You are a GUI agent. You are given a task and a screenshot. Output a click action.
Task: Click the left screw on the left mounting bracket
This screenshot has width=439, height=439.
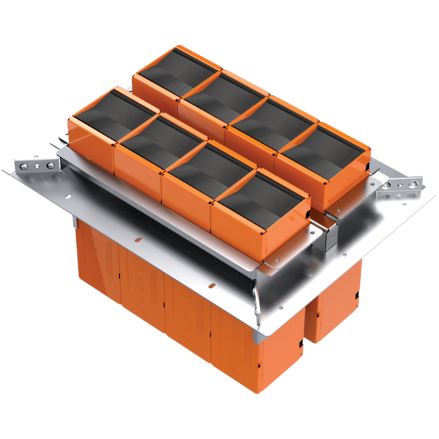pos(23,165)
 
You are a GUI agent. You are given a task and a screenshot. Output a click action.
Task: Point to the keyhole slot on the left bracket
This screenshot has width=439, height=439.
pos(35,165)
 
